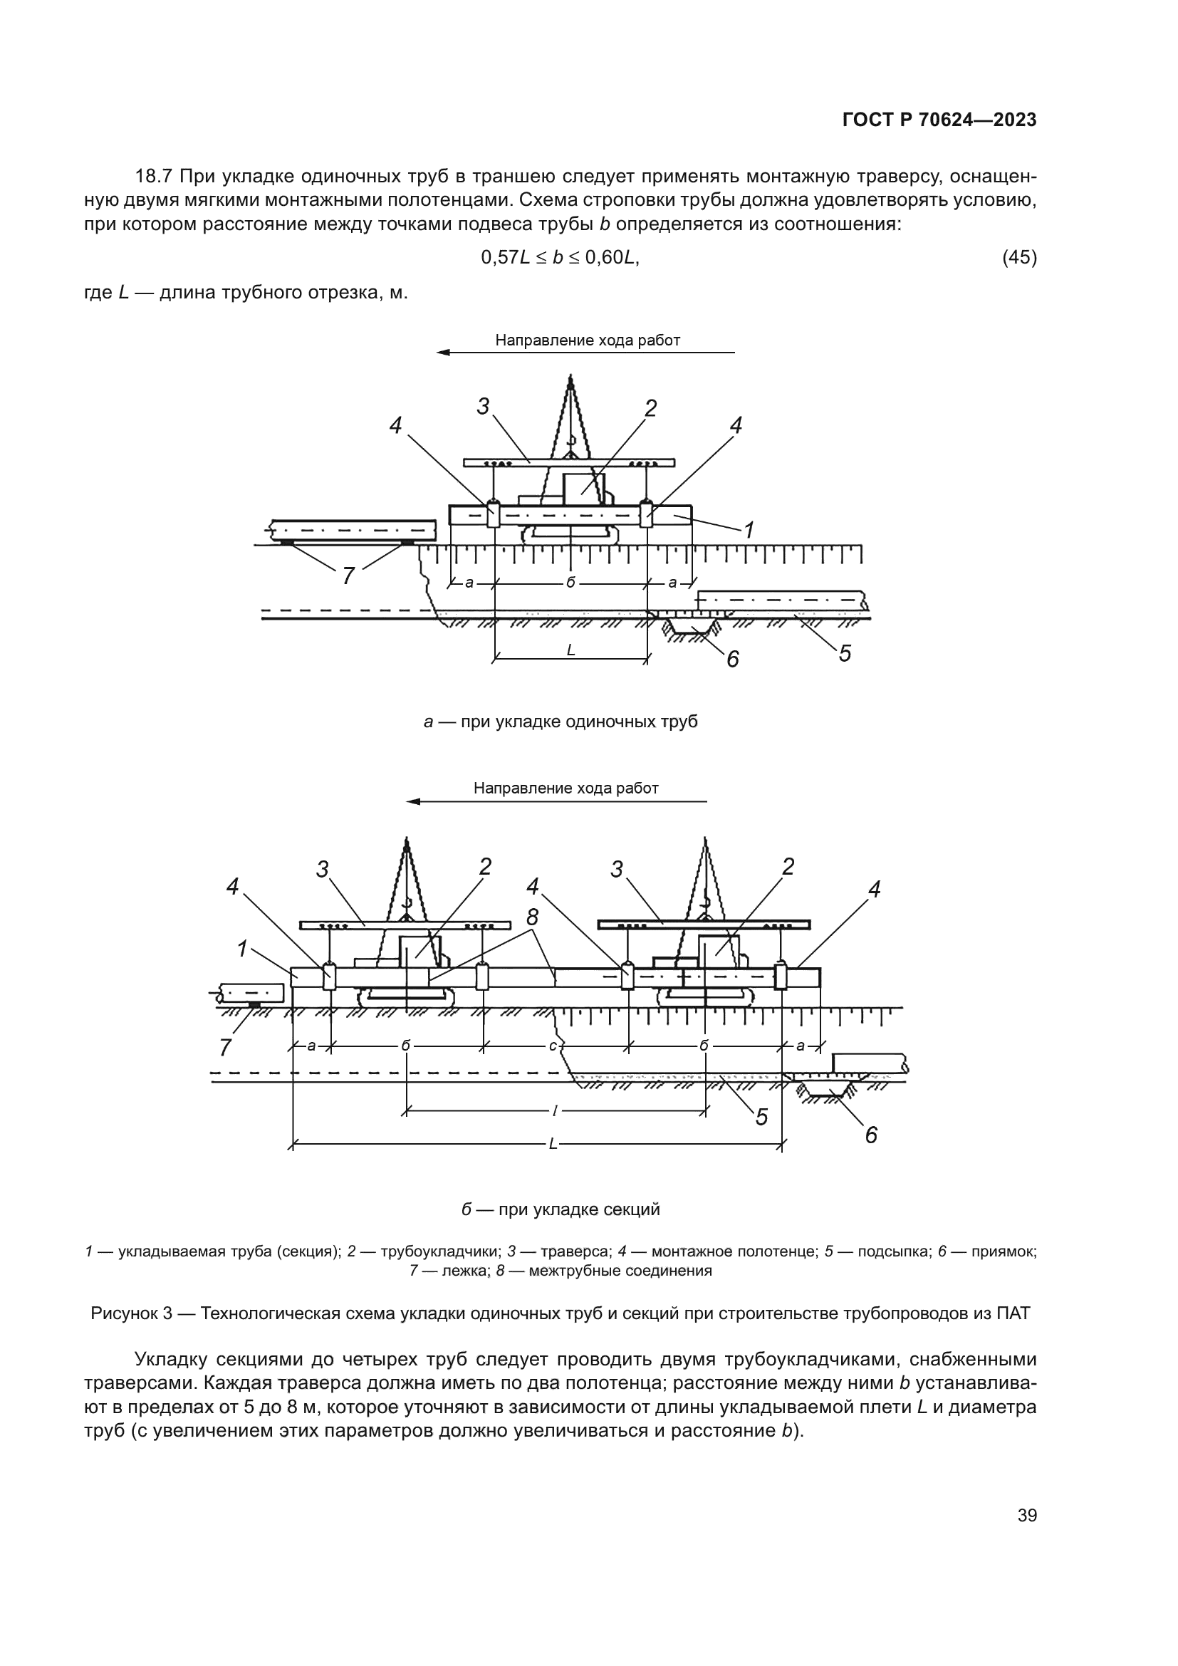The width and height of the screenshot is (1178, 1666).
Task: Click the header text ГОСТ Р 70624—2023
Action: tap(939, 120)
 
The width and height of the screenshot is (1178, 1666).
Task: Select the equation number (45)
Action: tap(1018, 257)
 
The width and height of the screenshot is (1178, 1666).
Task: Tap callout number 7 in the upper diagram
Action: tap(348, 576)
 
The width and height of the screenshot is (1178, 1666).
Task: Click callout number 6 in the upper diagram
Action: tap(733, 659)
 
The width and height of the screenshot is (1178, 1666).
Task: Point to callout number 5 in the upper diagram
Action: tap(845, 653)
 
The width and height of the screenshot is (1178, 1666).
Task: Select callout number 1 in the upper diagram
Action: tap(749, 531)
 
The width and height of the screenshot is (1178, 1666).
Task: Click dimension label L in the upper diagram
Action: tap(571, 651)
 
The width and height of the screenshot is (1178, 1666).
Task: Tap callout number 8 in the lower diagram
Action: tap(533, 917)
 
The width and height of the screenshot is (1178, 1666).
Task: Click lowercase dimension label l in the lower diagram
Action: tap(555, 1110)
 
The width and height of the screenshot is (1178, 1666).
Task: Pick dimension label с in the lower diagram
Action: tap(553, 1046)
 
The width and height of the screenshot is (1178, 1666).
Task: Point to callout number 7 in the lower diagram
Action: tap(226, 1048)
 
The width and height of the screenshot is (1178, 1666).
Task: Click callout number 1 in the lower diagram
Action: tap(242, 948)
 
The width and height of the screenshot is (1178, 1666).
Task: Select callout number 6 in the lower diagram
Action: tap(871, 1135)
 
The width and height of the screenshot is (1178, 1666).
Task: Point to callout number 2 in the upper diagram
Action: tap(651, 409)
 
